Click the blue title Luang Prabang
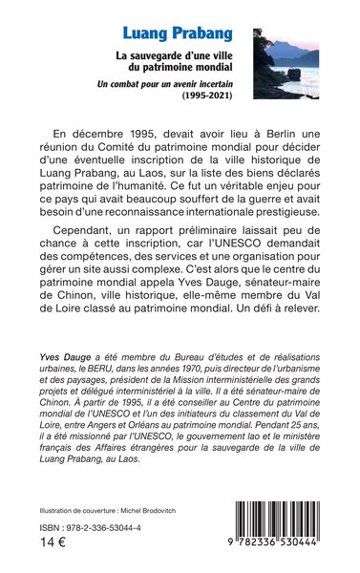[x=178, y=35]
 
